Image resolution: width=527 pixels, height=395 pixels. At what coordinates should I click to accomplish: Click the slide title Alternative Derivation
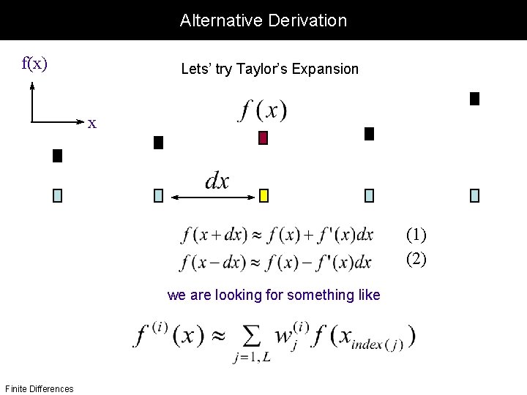tap(263, 20)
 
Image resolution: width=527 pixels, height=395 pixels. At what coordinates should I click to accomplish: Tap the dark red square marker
tap(263, 138)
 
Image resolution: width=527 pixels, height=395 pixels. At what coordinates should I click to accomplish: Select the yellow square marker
tap(264, 195)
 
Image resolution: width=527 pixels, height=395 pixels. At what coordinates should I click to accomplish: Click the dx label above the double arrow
tap(217, 181)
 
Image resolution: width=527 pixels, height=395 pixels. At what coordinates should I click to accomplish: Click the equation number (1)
tap(416, 234)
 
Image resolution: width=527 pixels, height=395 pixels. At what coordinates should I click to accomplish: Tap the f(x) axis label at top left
tap(34, 64)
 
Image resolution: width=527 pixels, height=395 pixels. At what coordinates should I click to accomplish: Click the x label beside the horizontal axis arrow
tap(92, 123)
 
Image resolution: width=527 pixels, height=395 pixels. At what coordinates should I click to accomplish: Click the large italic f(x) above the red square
tap(263, 110)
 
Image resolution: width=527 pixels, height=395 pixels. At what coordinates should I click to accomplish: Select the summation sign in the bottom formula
tap(251, 338)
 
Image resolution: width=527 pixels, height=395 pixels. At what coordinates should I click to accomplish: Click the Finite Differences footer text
tap(39, 388)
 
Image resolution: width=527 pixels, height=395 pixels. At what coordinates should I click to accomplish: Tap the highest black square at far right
tap(474, 99)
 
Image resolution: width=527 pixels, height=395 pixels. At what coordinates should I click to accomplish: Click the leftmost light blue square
tap(58, 195)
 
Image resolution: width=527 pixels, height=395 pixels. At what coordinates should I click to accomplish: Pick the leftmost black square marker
tap(58, 155)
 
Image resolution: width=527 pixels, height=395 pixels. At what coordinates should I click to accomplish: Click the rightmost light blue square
tap(474, 195)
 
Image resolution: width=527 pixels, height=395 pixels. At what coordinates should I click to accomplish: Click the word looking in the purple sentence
tap(242, 296)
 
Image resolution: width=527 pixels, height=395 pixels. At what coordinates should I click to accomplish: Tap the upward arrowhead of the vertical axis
tap(32, 84)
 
